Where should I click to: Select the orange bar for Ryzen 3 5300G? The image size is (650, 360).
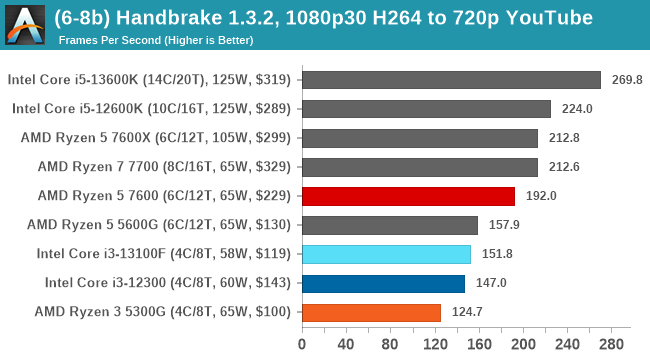point(371,312)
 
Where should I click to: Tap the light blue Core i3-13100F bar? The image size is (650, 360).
point(385,254)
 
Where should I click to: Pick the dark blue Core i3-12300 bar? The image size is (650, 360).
point(382,283)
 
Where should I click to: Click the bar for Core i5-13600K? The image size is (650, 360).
point(450,80)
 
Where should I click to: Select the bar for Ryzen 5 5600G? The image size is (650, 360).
point(389,225)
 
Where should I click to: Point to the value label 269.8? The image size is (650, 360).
point(626,80)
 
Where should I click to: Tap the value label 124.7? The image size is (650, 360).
point(466,312)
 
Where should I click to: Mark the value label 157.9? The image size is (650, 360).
point(503,225)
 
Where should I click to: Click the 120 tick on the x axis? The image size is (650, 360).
point(434,345)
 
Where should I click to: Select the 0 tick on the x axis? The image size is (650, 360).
point(302,345)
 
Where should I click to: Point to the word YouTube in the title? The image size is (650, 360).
point(550,18)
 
